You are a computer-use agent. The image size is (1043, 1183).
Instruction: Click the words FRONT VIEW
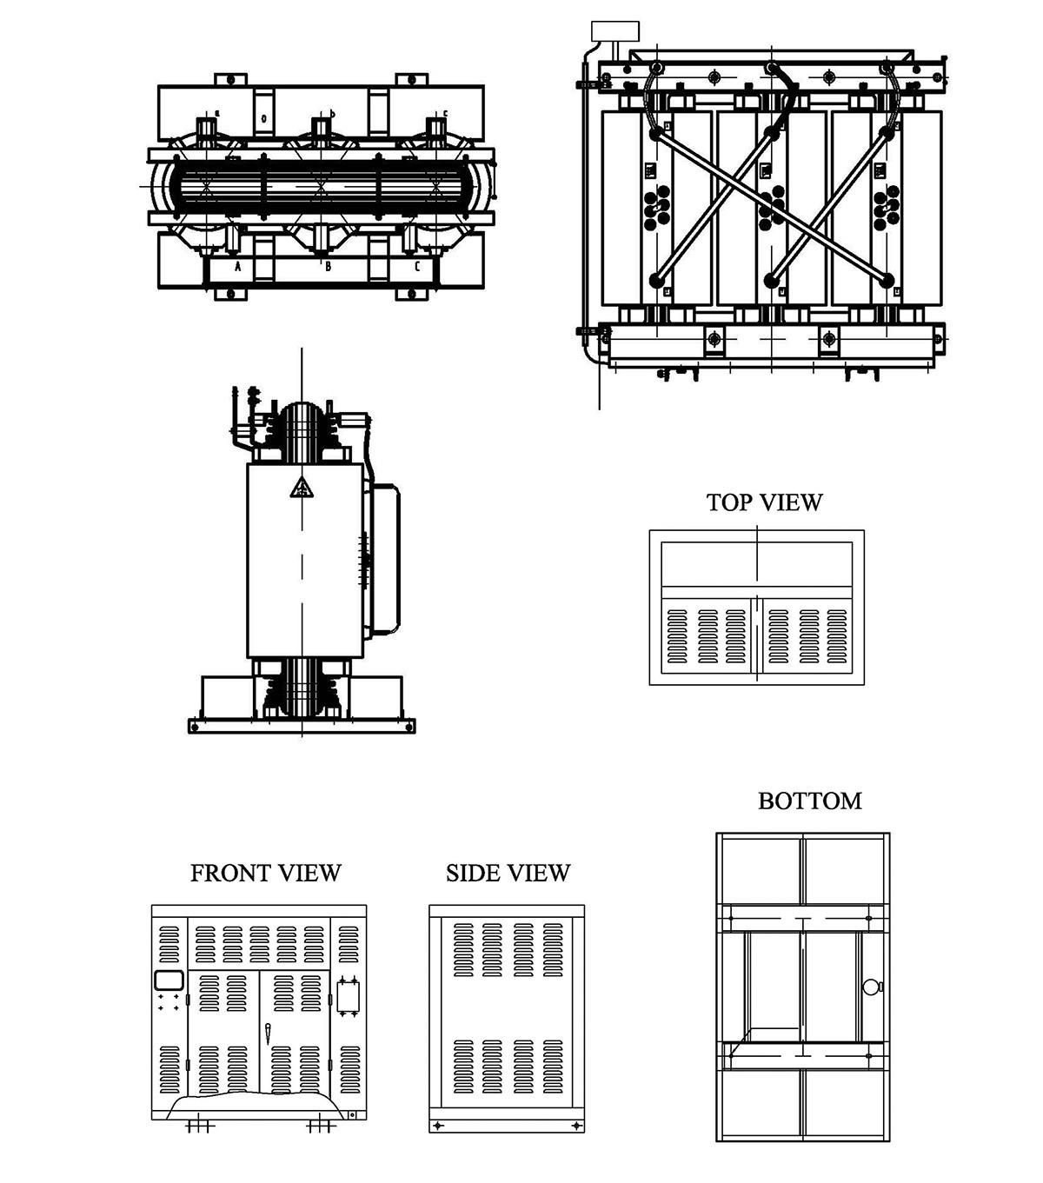tap(265, 873)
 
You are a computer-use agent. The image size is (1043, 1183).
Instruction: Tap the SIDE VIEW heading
tap(508, 873)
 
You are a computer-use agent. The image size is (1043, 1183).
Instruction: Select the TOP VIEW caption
tap(764, 502)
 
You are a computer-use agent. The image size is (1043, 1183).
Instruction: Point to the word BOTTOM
tap(809, 801)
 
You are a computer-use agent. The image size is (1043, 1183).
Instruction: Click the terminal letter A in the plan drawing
tap(236, 267)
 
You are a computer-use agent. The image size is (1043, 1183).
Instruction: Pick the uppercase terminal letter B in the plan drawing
tap(328, 267)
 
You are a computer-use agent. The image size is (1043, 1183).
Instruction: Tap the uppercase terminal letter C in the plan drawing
tap(417, 267)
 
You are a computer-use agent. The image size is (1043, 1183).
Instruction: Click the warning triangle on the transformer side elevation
tap(301, 488)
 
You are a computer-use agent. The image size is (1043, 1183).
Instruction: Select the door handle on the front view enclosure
tap(268, 1034)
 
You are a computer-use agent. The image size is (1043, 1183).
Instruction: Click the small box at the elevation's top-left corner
tap(615, 31)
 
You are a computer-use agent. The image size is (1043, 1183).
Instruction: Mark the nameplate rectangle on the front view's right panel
tap(349, 996)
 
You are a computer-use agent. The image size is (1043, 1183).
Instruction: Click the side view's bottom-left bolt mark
tap(438, 1126)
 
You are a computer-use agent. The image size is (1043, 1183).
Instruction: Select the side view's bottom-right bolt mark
tap(575, 1126)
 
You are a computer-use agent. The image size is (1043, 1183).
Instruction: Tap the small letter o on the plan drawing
tap(263, 118)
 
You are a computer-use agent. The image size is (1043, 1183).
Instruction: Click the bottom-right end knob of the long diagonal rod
tap(887, 280)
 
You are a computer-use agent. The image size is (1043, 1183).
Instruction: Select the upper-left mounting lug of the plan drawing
tap(231, 79)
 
